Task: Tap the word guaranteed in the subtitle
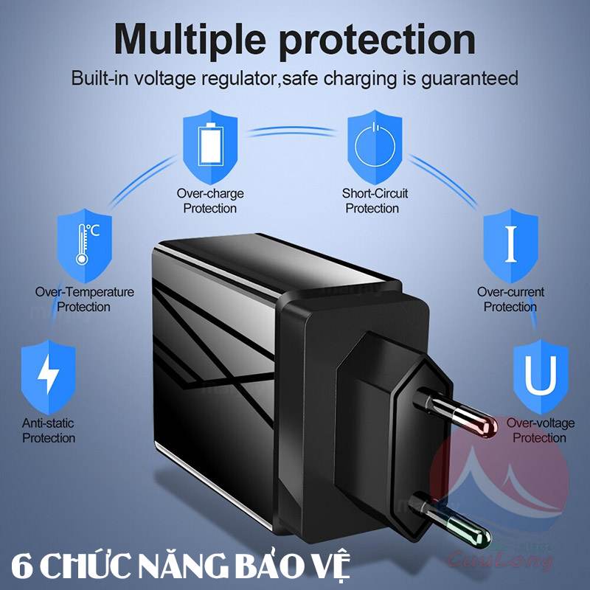[x=470, y=79]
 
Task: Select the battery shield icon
[x=210, y=147]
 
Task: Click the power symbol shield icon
[x=375, y=147]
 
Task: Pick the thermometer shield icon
[x=84, y=246]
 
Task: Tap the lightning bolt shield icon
[x=49, y=376]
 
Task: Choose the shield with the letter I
[x=510, y=246]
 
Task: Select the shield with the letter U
[x=541, y=376]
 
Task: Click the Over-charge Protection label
[x=210, y=201]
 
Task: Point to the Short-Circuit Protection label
[x=375, y=201]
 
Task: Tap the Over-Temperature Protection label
[x=84, y=299]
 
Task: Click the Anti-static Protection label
[x=49, y=431]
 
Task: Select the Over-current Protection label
[x=510, y=299]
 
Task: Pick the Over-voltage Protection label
[x=541, y=431]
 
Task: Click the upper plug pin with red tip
[x=455, y=413]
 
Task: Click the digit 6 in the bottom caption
[x=22, y=566]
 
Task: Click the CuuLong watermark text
[x=501, y=559]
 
